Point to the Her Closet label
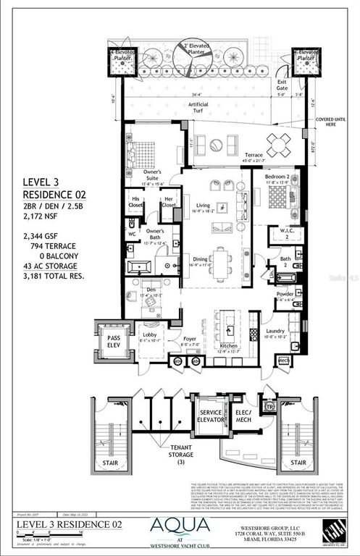pyautogui.click(x=168, y=202)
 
